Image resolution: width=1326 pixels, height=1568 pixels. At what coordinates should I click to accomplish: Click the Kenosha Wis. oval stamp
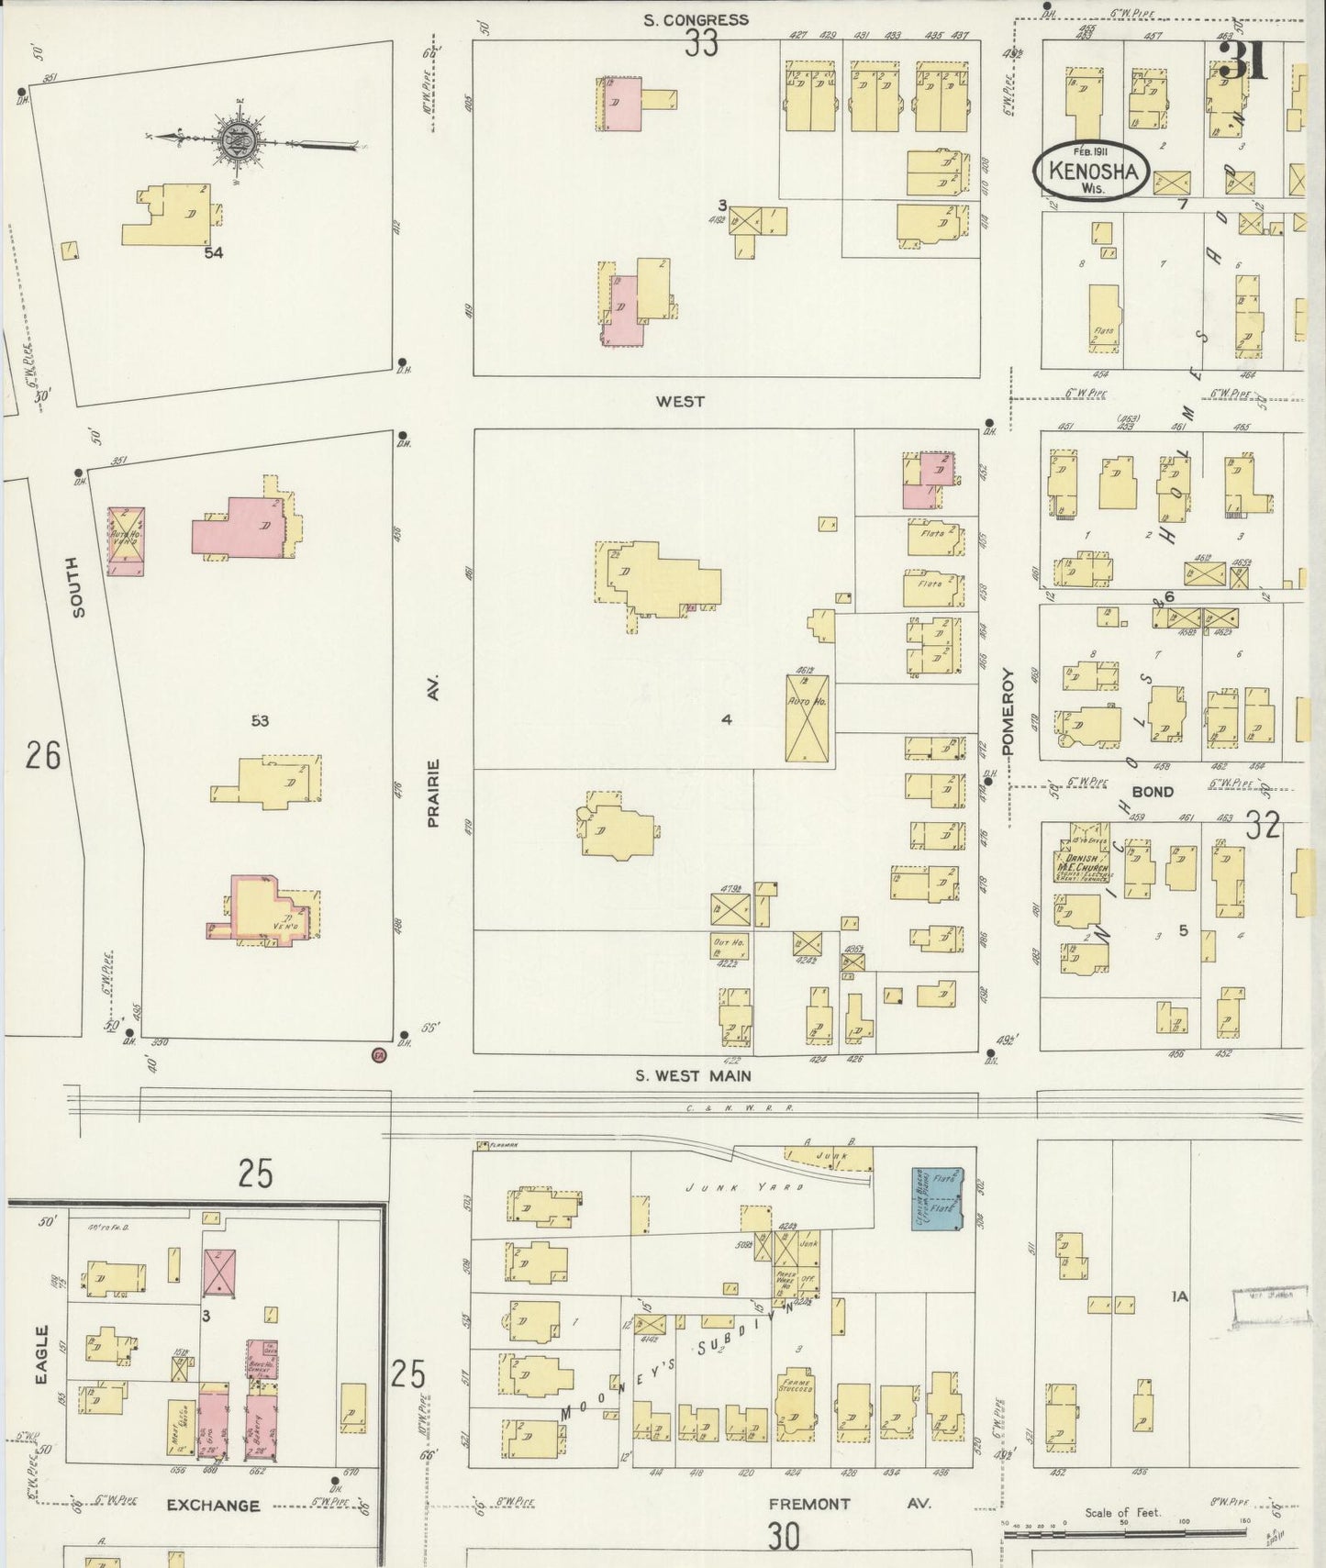1090,170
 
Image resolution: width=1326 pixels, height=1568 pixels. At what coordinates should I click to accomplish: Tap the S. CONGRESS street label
696,19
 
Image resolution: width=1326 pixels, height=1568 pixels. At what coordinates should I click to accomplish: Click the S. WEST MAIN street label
693,1075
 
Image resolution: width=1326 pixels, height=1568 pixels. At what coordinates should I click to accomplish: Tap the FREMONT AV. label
849,1504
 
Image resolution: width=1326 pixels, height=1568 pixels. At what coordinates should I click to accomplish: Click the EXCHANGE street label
214,1505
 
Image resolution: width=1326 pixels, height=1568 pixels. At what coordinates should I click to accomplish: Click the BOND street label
1152,791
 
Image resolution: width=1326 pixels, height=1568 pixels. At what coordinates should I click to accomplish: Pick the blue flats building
937,1198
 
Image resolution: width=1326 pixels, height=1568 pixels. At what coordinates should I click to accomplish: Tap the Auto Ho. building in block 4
808,717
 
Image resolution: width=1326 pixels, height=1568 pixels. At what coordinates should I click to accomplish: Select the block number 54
214,252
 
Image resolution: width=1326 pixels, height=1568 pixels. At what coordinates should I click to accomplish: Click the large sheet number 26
43,755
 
